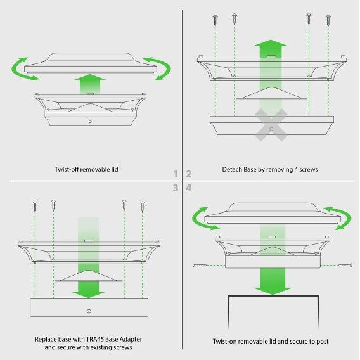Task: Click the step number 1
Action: click(176, 174)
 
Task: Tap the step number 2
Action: click(188, 174)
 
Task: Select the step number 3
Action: click(176, 188)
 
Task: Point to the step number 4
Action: click(188, 188)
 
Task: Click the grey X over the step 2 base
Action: click(271, 125)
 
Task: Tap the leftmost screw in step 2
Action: click(215, 20)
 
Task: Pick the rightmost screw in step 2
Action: click(328, 20)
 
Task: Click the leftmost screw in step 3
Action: click(35, 207)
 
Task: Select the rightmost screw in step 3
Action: click(143, 207)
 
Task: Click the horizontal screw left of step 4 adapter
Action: click(200, 266)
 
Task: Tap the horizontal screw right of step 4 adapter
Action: click(345, 266)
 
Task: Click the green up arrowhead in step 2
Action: click(271, 43)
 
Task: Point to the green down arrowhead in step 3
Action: click(88, 295)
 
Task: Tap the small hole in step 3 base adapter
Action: click(89, 311)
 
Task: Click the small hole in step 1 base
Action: click(90, 122)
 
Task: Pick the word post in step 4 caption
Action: click(323, 342)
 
